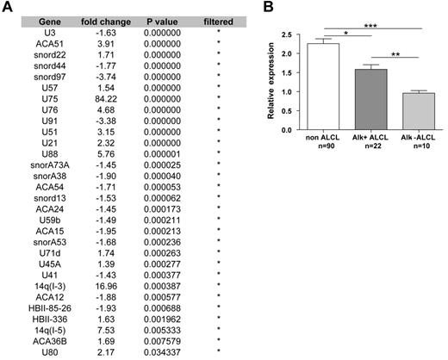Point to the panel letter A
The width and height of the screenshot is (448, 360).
point(6,8)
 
